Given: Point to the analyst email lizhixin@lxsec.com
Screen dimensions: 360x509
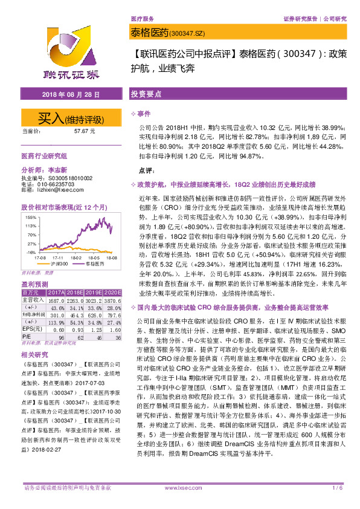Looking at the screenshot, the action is point(58,190).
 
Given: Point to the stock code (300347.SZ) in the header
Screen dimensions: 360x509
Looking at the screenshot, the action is point(186,32).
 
